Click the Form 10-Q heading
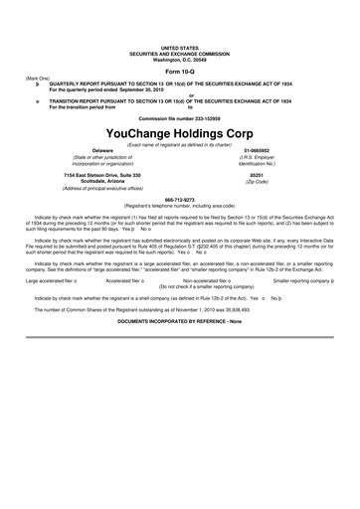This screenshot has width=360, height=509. (x=180, y=73)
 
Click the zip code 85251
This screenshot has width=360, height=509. (x=256, y=175)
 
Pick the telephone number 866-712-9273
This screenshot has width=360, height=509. (x=179, y=198)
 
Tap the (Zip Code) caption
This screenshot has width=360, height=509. (x=256, y=182)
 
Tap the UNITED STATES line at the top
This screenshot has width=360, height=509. (x=180, y=48)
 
